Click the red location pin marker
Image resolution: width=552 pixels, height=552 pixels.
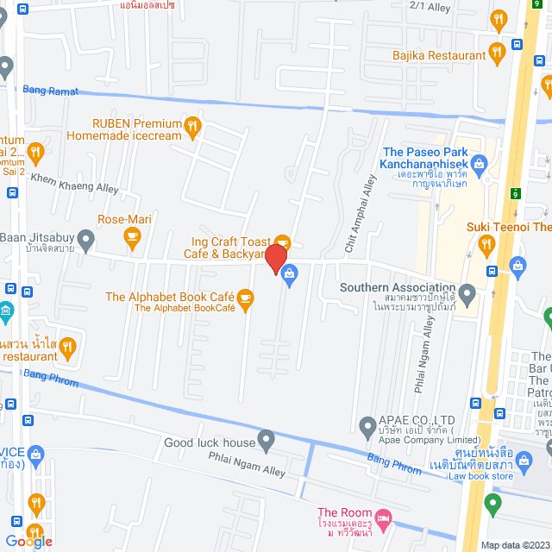(x=276, y=259)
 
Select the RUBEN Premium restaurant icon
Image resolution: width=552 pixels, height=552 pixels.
(x=193, y=128)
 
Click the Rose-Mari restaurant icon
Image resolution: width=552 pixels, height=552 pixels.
(x=131, y=239)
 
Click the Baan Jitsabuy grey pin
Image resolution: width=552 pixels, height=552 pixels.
(x=85, y=237)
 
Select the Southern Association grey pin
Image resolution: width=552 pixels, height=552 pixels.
(x=467, y=295)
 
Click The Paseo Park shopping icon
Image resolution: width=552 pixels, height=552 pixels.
(x=481, y=160)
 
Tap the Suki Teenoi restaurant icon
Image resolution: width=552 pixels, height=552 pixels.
(x=487, y=247)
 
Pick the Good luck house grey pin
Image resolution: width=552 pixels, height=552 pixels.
(x=267, y=442)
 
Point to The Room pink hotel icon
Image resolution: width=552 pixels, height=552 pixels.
(x=385, y=517)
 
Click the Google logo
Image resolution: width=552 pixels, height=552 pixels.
(x=28, y=541)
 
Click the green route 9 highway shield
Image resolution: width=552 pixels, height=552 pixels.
(x=514, y=193)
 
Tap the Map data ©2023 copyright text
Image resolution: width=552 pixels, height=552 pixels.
(x=513, y=545)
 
